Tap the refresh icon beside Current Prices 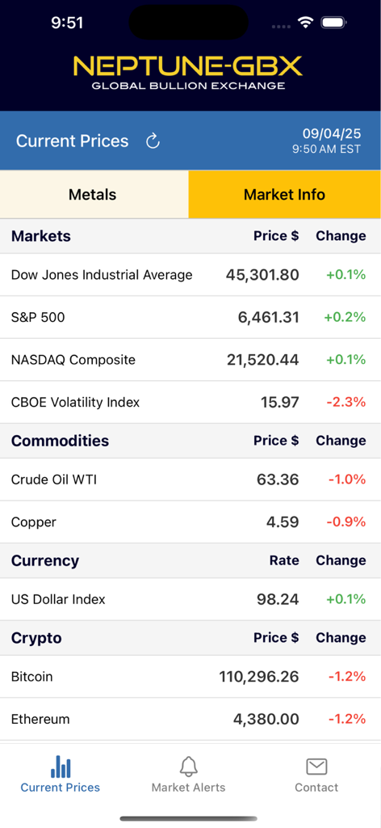click(x=153, y=142)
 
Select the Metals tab click(x=93, y=195)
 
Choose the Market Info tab click(x=284, y=195)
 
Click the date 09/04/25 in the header click(x=332, y=134)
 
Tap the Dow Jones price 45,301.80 click(x=262, y=275)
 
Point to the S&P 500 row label click(x=38, y=318)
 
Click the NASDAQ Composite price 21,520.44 click(x=262, y=360)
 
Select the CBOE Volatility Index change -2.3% click(x=345, y=402)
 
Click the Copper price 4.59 click(x=283, y=522)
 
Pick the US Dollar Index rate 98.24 click(x=278, y=599)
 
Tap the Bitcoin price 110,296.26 click(x=258, y=677)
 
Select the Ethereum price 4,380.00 click(x=266, y=719)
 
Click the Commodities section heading click(x=60, y=441)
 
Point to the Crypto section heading click(x=36, y=638)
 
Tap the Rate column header click(x=284, y=560)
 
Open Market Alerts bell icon click(x=189, y=766)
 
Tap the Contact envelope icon click(x=316, y=766)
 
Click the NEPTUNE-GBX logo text click(x=188, y=65)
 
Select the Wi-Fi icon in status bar click(x=305, y=23)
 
